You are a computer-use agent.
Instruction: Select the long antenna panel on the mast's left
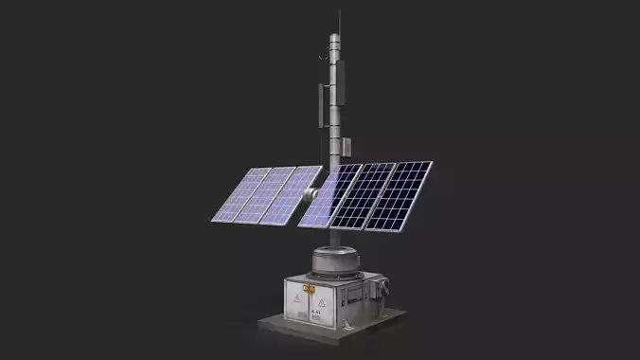click(x=324, y=106)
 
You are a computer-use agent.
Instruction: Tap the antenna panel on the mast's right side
click(x=347, y=81)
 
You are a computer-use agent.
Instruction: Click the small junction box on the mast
click(x=347, y=146)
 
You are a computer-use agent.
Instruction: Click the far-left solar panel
click(x=240, y=195)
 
